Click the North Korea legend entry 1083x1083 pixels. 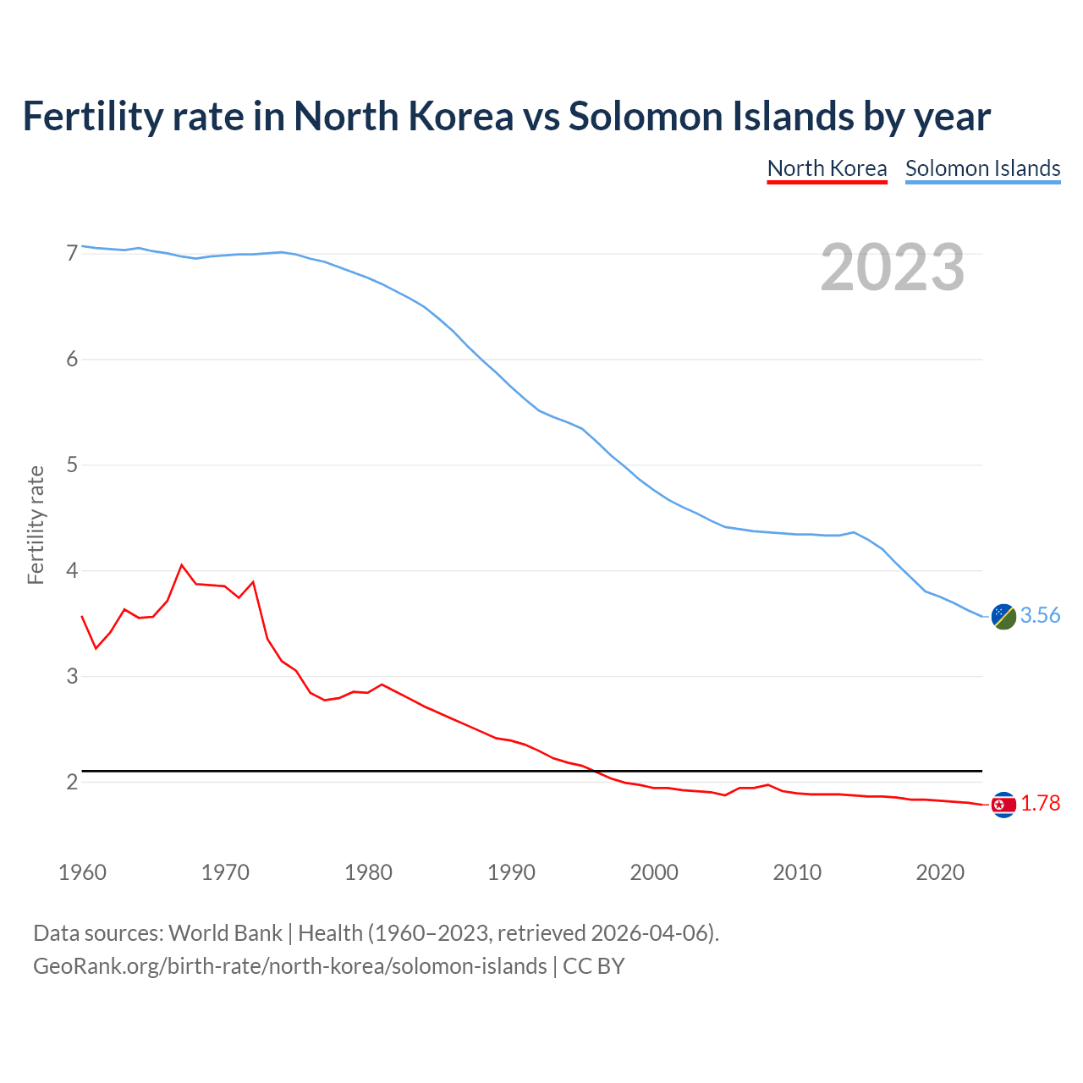pos(827,168)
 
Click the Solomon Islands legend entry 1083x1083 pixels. pos(982,168)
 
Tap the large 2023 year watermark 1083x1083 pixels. pos(892,267)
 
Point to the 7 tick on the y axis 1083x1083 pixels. pos(72,254)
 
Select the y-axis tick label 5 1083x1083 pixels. pos(72,465)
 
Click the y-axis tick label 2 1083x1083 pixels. pos(72,783)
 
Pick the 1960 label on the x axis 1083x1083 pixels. pos(82,872)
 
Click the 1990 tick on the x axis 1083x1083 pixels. pos(511,872)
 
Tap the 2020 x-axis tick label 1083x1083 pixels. pos(940,872)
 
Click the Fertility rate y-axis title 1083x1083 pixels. pos(36,525)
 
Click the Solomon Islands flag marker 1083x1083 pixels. pos(1003,617)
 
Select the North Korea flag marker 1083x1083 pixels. pos(1003,805)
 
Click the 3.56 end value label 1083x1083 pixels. pos(1040,616)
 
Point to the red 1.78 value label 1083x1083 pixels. pos(1040,804)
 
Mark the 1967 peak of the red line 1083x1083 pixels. pos(182,564)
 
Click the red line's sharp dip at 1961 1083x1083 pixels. pos(96,648)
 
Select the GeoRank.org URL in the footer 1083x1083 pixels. pos(289,966)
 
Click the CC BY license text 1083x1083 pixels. pos(593,966)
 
